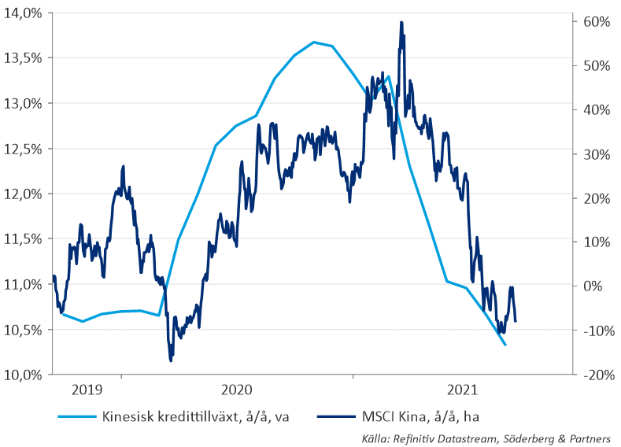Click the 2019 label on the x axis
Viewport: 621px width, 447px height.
tap(86, 390)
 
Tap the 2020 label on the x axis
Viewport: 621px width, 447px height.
tap(237, 390)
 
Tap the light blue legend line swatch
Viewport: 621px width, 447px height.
tap(76, 416)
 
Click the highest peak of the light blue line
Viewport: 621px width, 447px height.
tap(313, 42)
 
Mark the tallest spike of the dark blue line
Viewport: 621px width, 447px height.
tap(401, 23)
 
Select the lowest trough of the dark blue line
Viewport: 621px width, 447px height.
tap(171, 360)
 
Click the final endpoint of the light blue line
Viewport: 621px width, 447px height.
tap(505, 345)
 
